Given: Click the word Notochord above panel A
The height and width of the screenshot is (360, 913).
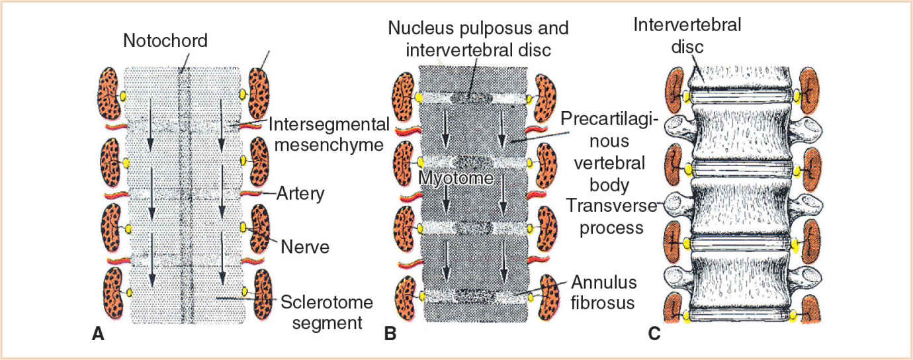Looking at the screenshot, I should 165,42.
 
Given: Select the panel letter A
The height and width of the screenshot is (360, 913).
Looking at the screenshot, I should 98,334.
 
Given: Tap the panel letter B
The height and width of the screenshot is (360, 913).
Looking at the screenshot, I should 390,334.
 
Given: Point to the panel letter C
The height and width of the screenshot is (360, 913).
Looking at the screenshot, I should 654,334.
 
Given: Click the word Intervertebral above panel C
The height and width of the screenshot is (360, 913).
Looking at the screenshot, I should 687,26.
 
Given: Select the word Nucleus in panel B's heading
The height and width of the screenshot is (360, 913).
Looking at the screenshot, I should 417,28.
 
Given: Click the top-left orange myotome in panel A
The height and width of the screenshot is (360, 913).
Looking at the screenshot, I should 110,95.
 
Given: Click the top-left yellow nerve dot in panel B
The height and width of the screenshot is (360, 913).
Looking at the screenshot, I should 419,99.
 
